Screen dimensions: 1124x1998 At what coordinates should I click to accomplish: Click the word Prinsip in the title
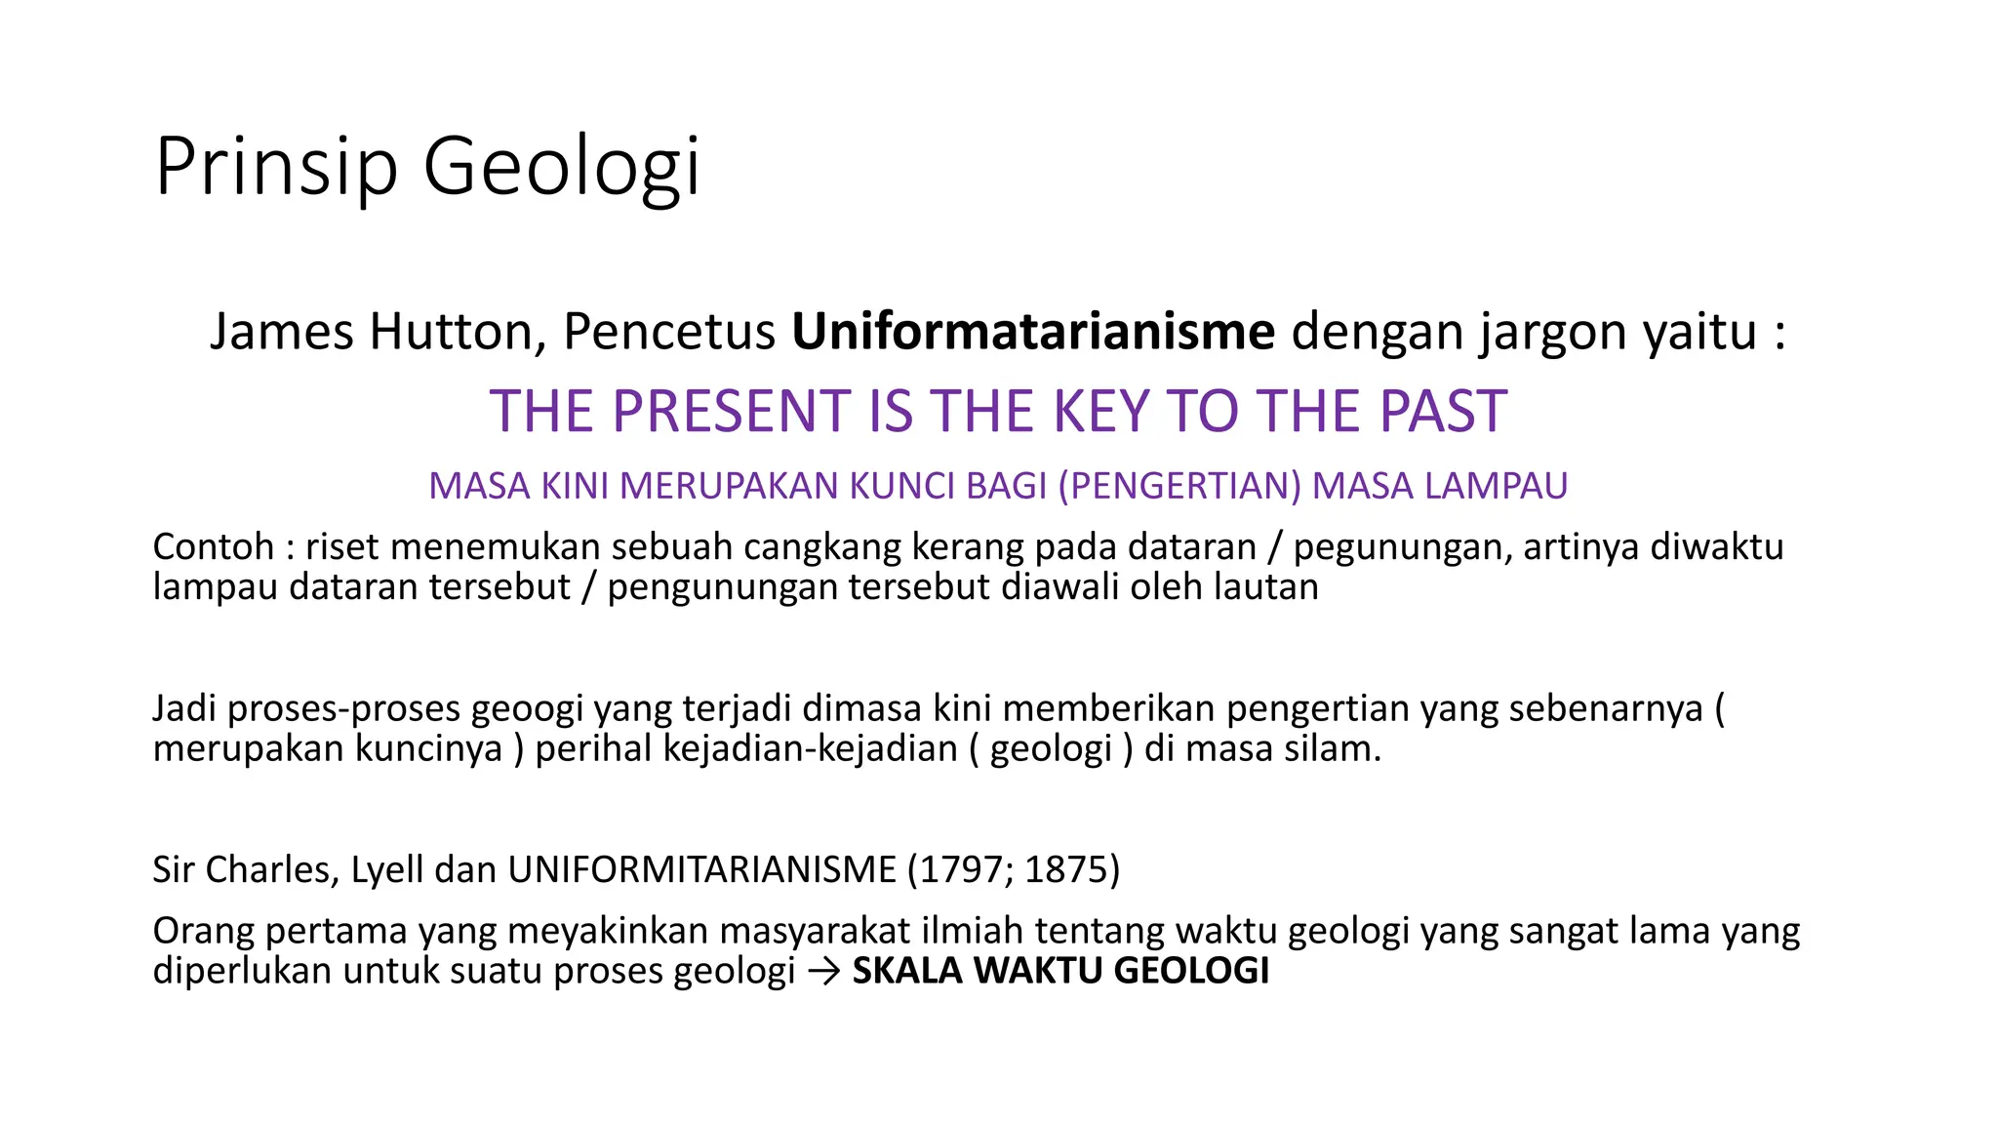pyautogui.click(x=276, y=168)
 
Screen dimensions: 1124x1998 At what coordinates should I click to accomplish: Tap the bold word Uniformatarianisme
pyautogui.click(x=1033, y=332)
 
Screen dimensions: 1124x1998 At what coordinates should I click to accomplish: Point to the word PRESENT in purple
pyautogui.click(x=733, y=411)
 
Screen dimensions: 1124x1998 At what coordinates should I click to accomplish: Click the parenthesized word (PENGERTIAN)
pyautogui.click(x=1180, y=486)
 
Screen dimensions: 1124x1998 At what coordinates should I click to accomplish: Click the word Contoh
pyautogui.click(x=213, y=546)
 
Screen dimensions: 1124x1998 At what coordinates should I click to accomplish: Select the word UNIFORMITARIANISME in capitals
pyautogui.click(x=701, y=869)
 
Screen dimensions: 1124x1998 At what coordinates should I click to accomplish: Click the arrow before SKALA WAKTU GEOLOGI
pyautogui.click(x=823, y=972)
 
